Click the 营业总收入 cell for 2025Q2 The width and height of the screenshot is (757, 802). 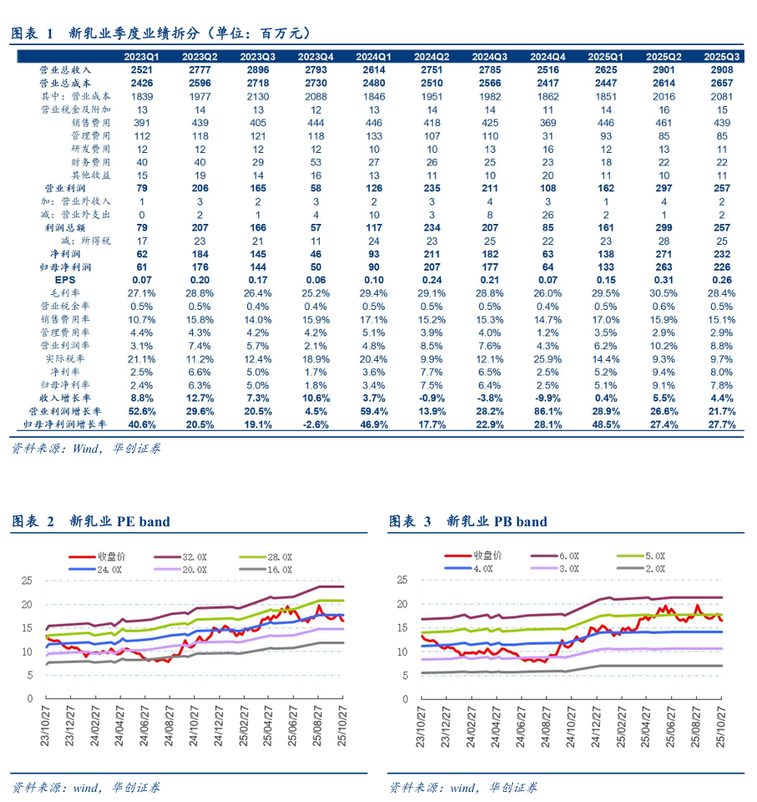click(663, 70)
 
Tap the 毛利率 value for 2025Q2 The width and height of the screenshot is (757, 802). click(663, 292)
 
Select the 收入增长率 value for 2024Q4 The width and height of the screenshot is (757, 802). click(548, 398)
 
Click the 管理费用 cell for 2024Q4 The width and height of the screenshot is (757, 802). click(548, 136)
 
